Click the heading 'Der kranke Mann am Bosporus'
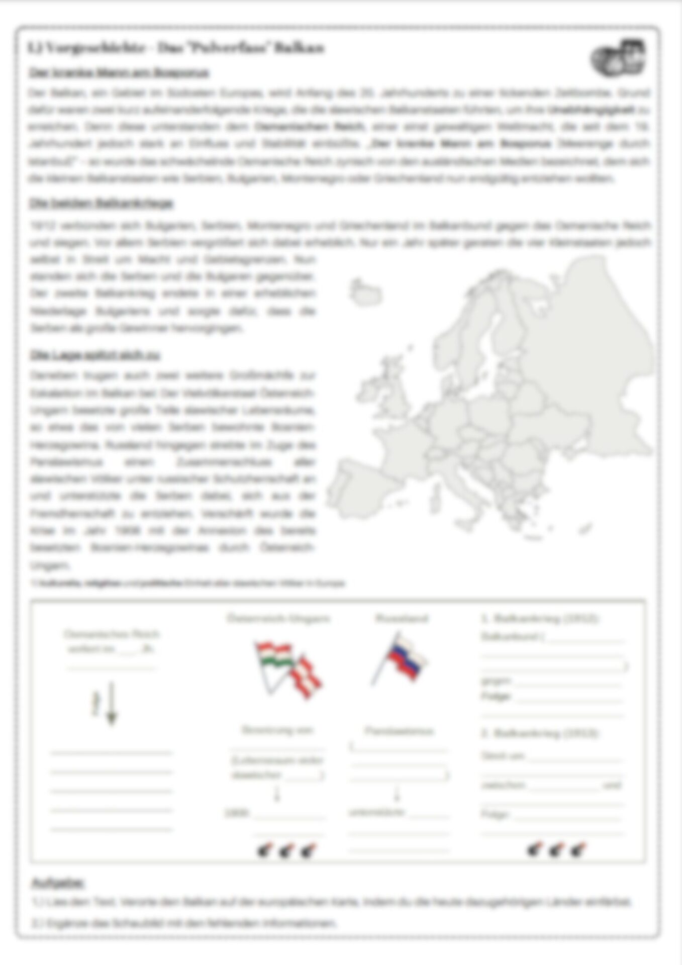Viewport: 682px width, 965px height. (118, 73)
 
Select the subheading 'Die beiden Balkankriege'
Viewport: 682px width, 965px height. (101, 204)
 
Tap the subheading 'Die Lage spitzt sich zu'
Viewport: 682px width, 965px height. (95, 355)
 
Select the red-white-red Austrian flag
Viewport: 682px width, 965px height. (307, 676)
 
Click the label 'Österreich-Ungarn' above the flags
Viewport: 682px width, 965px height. (278, 618)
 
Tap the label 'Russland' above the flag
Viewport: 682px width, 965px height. (402, 618)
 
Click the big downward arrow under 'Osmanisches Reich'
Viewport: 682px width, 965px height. (112, 704)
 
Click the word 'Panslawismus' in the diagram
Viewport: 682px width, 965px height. (399, 731)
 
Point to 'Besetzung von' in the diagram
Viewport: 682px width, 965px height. (277, 730)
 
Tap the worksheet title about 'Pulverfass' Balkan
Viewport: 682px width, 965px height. (176, 48)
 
